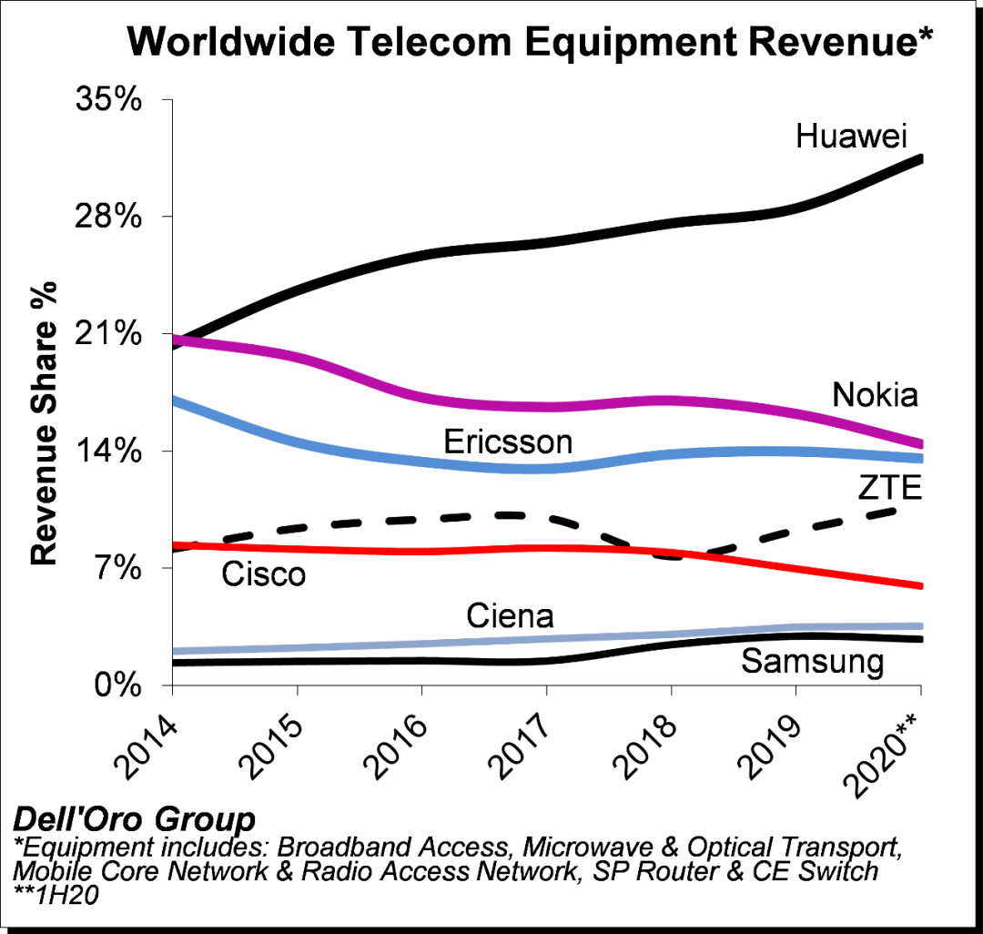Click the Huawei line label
point(852,137)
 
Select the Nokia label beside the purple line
point(875,395)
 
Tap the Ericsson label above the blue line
point(508,442)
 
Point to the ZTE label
point(890,490)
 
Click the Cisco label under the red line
point(264,574)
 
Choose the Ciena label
point(510,616)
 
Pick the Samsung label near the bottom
point(813,661)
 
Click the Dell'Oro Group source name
point(134,817)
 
